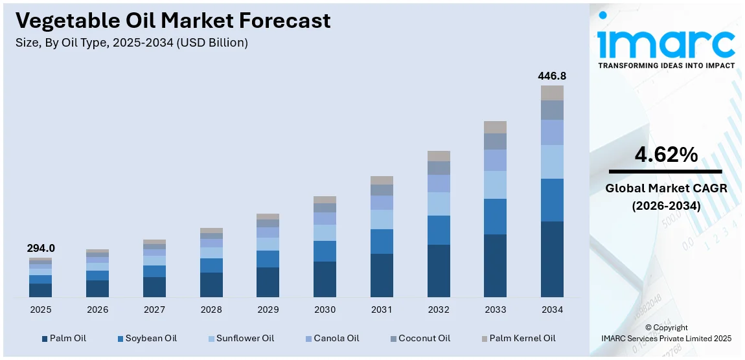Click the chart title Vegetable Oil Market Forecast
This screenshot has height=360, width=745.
[x=173, y=21]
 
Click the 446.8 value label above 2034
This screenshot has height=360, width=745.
[x=552, y=76]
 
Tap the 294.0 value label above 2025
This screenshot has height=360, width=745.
[x=41, y=248]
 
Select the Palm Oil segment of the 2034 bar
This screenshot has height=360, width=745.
[x=552, y=259]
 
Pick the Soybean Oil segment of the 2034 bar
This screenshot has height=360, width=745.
[x=552, y=200]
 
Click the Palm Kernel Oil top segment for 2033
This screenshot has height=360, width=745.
[x=495, y=127]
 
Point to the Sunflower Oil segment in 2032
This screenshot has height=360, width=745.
[x=439, y=204]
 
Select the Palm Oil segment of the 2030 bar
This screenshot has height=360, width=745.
[x=325, y=279]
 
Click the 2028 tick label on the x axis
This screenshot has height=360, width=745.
[x=211, y=310]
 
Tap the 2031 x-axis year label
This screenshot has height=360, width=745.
[x=382, y=310]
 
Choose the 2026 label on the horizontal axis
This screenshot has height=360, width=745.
[x=97, y=310]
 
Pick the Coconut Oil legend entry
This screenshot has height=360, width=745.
[x=419, y=338]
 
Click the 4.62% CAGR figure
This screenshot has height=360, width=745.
[x=666, y=155]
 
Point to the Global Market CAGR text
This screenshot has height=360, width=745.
[x=666, y=188]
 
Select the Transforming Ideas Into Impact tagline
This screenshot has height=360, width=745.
[x=666, y=65]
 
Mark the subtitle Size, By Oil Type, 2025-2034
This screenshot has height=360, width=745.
[x=132, y=43]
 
